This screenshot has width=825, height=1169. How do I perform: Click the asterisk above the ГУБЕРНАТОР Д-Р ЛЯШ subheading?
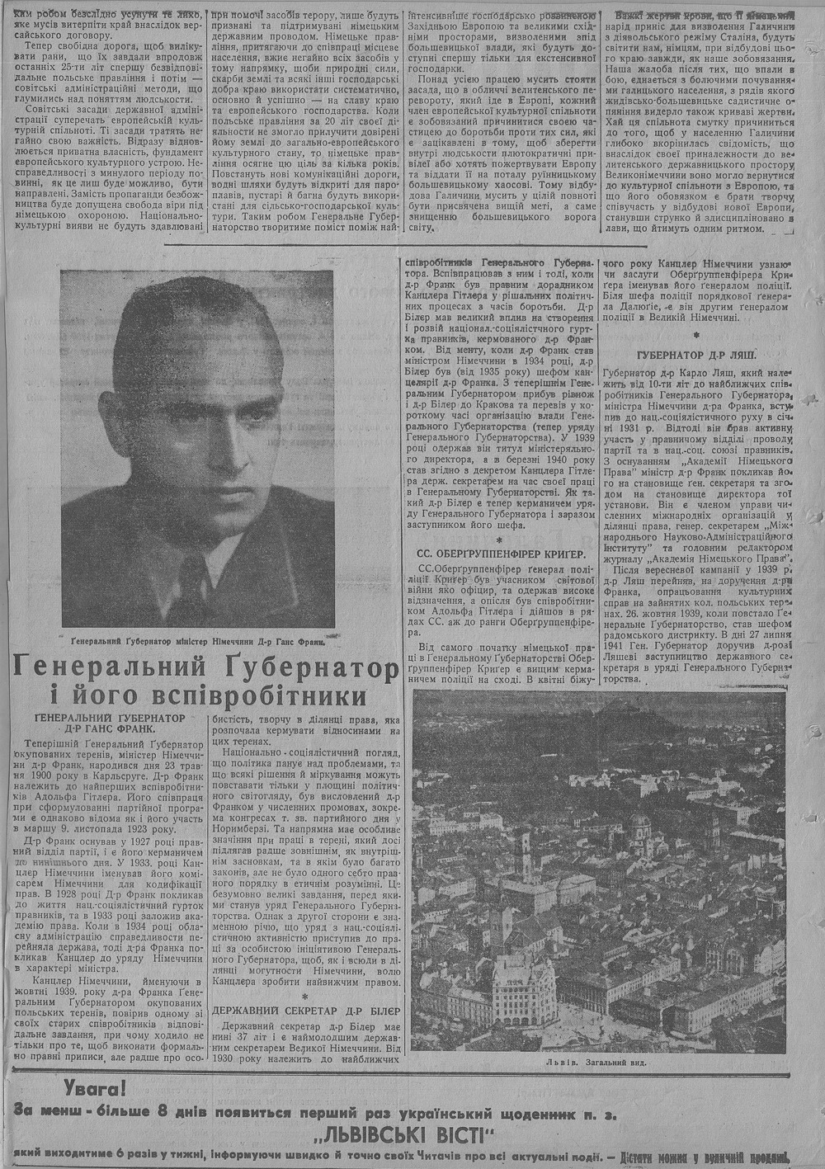coord(697,336)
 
